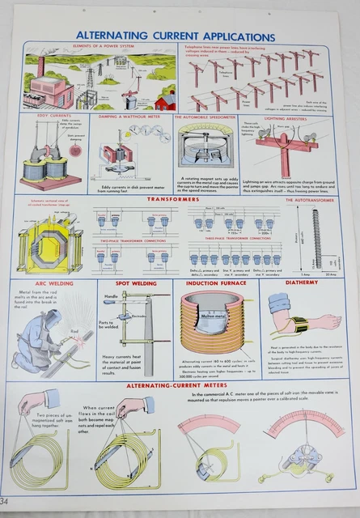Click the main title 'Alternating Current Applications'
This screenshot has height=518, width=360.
pos(175,36)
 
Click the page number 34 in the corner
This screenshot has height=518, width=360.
pos(6,508)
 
